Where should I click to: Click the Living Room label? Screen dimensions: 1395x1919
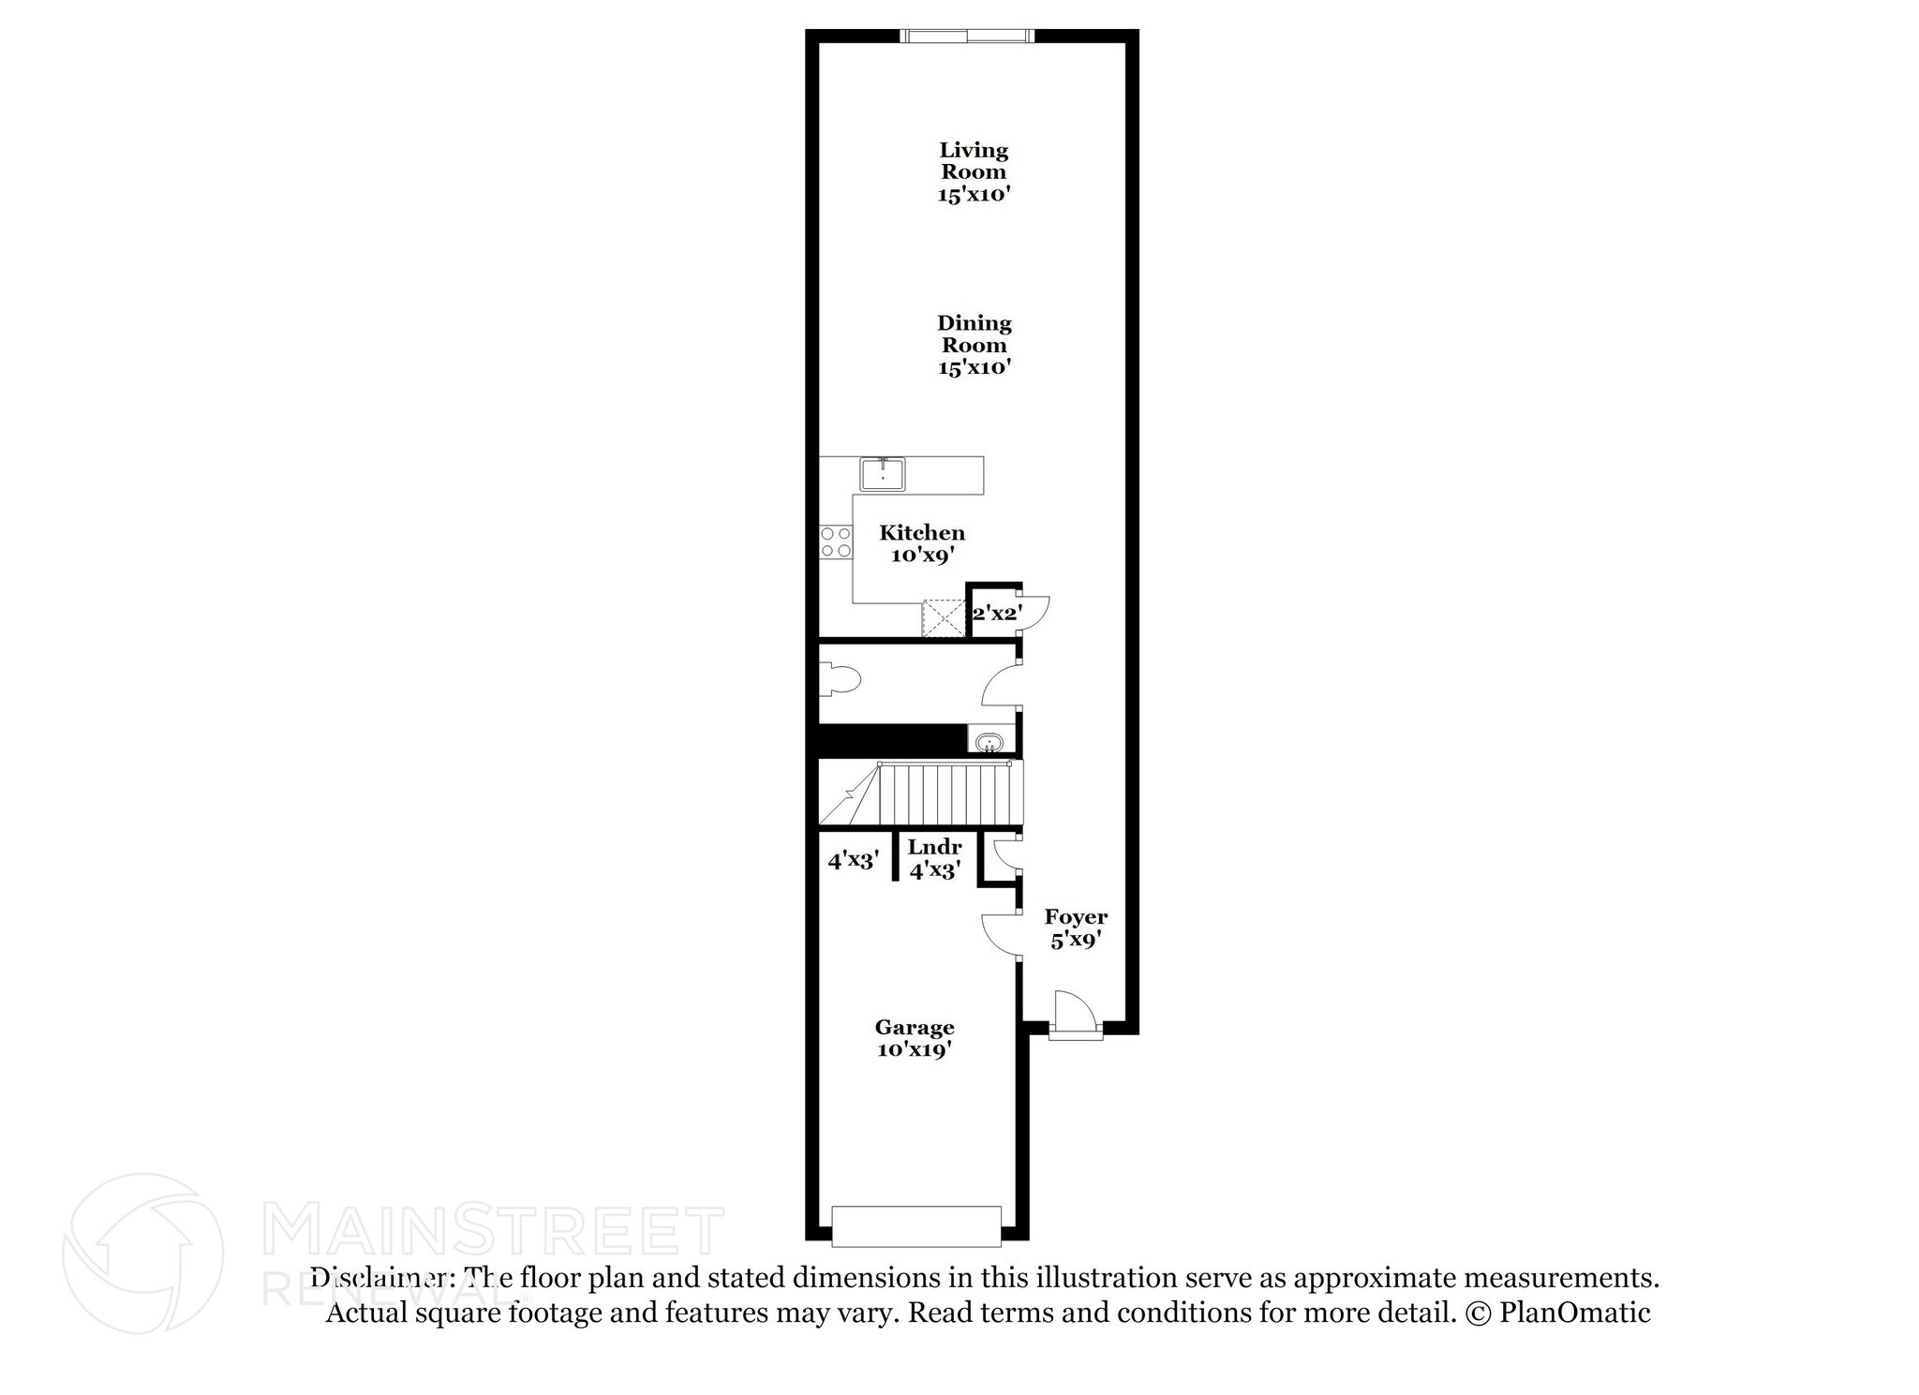(x=974, y=171)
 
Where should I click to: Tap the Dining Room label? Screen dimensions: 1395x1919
(x=974, y=345)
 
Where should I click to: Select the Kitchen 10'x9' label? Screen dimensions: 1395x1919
(x=922, y=543)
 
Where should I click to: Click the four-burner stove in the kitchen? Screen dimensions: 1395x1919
(x=836, y=542)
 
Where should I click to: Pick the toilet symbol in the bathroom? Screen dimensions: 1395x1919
(x=839, y=679)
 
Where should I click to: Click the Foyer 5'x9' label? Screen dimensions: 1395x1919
(x=1076, y=928)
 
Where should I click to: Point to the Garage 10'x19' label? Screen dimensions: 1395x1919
(x=915, y=1038)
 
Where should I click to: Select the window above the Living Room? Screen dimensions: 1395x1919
(x=967, y=37)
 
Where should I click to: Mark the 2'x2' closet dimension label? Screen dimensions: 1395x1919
(x=996, y=615)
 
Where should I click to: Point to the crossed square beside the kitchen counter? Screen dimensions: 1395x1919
(x=944, y=617)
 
